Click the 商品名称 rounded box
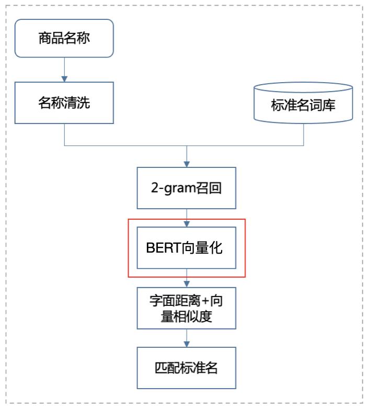(64, 38)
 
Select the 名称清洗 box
(64, 102)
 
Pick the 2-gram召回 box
(187, 188)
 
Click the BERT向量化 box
(187, 248)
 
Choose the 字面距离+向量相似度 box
(187, 309)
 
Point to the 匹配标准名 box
(187, 368)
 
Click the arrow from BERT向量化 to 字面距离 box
(187, 278)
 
